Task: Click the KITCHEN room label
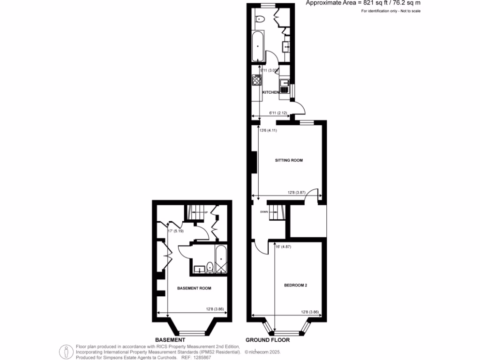point(271,92)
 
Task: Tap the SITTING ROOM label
point(289,160)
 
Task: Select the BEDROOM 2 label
point(295,285)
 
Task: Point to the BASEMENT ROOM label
point(194,288)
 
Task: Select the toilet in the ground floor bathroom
point(260,19)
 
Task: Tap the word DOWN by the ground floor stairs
point(264,211)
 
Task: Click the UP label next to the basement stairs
point(205,213)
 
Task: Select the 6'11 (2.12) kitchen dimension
point(278,113)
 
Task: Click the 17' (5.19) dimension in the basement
point(176,231)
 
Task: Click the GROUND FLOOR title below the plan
point(268,340)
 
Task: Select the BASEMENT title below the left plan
point(170,340)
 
